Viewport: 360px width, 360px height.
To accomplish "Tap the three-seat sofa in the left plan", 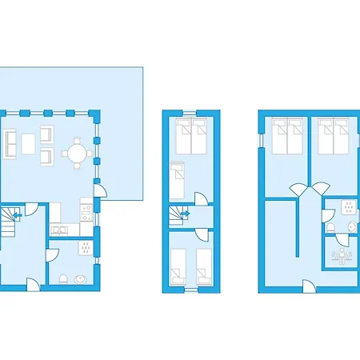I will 12,142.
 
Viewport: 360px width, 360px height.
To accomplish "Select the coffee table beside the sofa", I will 29,142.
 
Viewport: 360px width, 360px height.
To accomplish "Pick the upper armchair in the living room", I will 46,134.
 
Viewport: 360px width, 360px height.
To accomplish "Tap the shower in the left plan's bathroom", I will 85,246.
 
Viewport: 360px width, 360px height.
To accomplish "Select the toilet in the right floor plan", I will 330,229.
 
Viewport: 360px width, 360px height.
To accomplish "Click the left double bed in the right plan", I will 286,137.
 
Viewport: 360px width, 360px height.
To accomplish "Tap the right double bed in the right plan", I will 330,137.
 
